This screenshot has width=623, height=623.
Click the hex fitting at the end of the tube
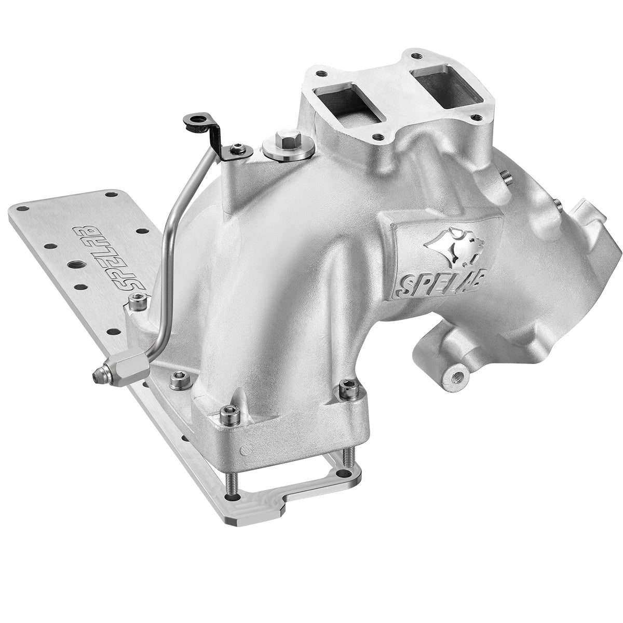pos(125,365)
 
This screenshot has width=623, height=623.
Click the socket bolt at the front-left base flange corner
pos(227,414)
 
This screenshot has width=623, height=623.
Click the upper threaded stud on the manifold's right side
pos(506,178)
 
